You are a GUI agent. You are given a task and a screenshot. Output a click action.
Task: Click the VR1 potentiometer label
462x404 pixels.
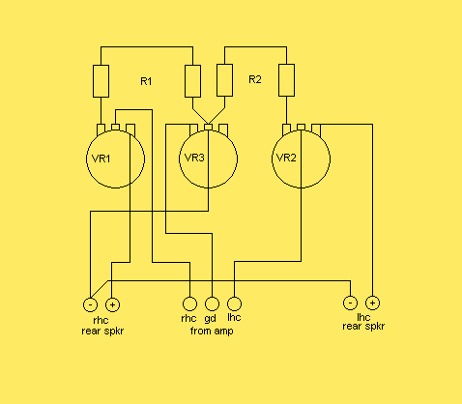(x=101, y=159)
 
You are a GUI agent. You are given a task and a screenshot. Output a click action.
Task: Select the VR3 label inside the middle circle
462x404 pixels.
(x=194, y=158)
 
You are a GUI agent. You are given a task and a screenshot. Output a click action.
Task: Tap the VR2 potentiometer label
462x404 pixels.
(x=286, y=158)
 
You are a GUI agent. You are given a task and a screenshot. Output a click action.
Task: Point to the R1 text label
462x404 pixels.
(x=146, y=81)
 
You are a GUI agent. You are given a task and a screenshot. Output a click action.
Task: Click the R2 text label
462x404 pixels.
(x=255, y=79)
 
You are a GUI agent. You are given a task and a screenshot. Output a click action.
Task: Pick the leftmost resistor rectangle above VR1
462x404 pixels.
(x=101, y=81)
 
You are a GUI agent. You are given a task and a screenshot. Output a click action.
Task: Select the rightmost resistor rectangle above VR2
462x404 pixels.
(x=286, y=80)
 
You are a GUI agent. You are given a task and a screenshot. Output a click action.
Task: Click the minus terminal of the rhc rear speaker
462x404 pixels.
(x=90, y=304)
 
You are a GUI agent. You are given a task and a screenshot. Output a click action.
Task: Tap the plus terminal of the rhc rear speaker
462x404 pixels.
(x=112, y=304)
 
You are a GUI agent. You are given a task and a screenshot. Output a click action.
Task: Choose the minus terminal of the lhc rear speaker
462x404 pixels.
(x=350, y=303)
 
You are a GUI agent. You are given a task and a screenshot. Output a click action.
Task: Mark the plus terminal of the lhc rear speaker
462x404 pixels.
(x=372, y=303)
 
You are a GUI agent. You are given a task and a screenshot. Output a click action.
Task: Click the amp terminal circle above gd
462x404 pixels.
(x=212, y=303)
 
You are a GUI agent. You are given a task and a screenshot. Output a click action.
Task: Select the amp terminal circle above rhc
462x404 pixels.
(x=189, y=303)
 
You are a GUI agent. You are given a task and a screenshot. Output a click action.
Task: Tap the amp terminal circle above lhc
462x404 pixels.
(x=234, y=303)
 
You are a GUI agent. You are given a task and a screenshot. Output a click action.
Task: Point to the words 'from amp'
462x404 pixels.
(x=212, y=331)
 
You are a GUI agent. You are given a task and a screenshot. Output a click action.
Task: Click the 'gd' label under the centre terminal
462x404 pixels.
(x=210, y=319)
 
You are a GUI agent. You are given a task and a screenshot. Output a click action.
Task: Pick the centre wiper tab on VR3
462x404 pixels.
(x=209, y=128)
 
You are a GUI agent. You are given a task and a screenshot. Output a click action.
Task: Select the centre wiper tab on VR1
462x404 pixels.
(x=115, y=127)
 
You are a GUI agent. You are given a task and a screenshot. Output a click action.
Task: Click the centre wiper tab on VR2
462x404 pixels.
(x=301, y=127)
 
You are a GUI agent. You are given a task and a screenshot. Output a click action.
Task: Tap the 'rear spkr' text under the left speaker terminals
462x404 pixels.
(x=102, y=331)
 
